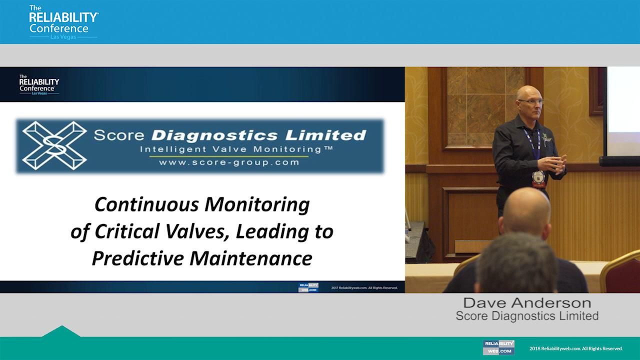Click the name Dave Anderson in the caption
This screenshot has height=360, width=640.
tap(527, 303)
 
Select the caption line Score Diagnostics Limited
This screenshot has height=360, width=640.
tap(527, 316)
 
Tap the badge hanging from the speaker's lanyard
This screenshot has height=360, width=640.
tap(538, 177)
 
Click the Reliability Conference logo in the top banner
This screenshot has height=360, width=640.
tap(63, 22)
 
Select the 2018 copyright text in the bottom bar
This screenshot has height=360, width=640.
tap(576, 348)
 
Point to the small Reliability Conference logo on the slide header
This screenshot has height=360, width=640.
tap(38, 85)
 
